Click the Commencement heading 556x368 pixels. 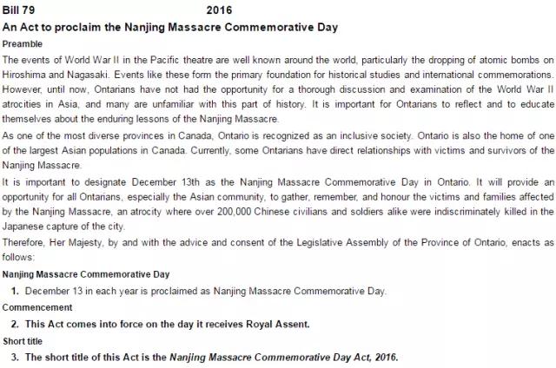click(x=36, y=307)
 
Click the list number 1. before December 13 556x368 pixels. click(x=15, y=291)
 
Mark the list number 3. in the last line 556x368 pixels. click(x=15, y=357)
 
